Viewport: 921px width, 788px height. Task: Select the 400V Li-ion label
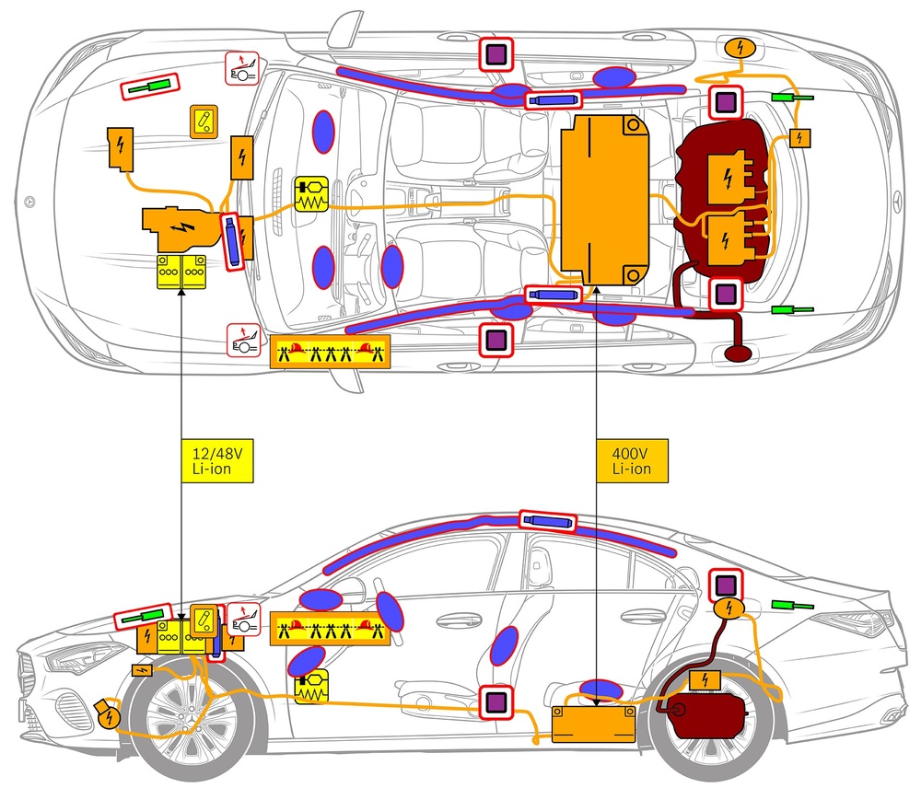[631, 460]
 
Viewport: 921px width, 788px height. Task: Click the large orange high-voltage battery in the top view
[606, 202]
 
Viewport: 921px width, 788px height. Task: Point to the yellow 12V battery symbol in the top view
[181, 272]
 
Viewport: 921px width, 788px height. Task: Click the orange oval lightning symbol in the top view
[740, 47]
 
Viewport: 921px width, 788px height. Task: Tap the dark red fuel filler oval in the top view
[740, 353]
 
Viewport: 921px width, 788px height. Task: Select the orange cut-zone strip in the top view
[331, 353]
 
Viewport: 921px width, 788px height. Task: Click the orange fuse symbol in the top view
[204, 122]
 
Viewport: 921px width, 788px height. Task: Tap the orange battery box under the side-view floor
[593, 724]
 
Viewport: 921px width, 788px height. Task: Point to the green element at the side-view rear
[790, 606]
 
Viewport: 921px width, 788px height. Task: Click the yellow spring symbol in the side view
[311, 684]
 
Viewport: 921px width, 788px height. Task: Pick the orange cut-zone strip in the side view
[331, 630]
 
